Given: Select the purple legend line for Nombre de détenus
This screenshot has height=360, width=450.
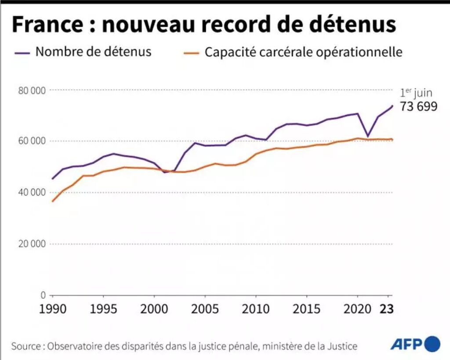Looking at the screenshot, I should coord(20,52).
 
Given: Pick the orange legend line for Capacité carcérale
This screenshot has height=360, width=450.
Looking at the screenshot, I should coord(189,52).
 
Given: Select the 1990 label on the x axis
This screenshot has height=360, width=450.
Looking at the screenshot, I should coord(52,308).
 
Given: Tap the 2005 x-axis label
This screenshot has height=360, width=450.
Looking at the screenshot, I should coord(205,308).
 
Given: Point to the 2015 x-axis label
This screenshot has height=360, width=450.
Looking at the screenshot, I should coord(307,308).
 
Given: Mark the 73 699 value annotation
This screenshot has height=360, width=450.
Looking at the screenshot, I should coord(418,106).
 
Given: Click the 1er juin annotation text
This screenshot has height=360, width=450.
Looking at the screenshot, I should coord(416,93).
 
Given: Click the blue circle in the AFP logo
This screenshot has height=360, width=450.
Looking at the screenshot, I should coord(432,344).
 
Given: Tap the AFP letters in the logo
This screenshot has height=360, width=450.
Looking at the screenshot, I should coord(406,344).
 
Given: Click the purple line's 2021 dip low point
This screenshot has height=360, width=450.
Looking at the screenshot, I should coord(368,136).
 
